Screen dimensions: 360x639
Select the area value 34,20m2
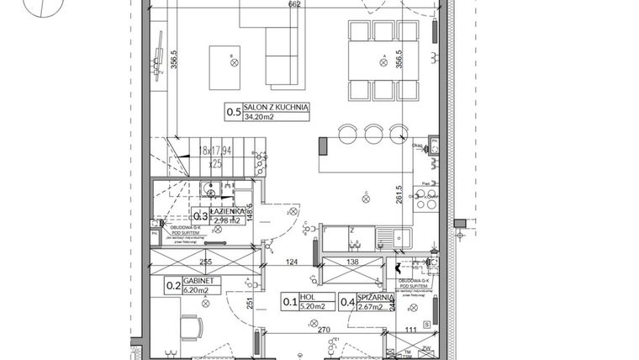point(261,118)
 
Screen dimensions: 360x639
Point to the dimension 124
point(292,262)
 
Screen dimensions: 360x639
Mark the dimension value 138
point(352,262)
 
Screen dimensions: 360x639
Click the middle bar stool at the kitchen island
point(372,132)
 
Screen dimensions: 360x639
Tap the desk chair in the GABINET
point(190,326)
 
